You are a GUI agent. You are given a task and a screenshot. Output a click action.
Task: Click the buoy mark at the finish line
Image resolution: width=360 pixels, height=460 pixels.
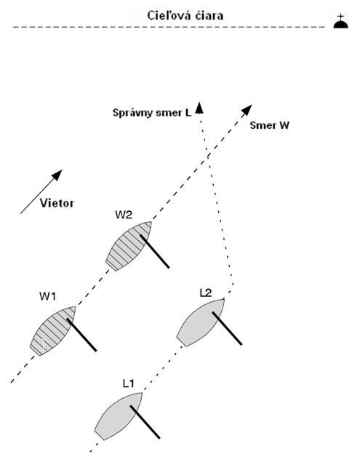(340, 22)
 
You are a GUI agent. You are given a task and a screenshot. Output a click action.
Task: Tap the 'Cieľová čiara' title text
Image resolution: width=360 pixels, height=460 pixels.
(185, 15)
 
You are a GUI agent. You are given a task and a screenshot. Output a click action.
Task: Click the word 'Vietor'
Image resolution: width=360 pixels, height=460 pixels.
(57, 203)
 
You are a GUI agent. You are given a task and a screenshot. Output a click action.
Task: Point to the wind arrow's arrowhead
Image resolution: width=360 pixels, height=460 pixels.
(57, 175)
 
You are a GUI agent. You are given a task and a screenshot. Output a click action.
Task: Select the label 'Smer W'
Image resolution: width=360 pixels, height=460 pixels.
(269, 125)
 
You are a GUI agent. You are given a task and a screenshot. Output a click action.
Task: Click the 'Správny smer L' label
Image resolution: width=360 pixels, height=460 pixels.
(152, 113)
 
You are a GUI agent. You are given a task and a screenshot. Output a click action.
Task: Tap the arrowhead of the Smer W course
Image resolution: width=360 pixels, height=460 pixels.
(247, 110)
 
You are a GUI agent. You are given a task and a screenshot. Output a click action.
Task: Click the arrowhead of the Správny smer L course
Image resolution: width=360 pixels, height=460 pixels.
(199, 108)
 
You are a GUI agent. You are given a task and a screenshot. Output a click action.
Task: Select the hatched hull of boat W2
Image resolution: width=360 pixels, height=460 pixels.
(129, 246)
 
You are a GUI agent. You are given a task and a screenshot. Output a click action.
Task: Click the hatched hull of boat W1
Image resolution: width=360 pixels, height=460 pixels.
(53, 331)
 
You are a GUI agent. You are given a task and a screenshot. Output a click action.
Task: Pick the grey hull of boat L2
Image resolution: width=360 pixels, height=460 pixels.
(201, 322)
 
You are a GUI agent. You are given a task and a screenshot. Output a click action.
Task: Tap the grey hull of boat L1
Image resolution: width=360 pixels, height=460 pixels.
(119, 416)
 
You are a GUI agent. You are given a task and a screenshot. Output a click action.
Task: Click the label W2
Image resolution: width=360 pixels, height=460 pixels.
(124, 215)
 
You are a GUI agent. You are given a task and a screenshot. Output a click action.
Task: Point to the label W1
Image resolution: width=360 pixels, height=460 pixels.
(47, 296)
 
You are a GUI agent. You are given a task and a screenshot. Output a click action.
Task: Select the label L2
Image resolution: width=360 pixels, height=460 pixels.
(206, 293)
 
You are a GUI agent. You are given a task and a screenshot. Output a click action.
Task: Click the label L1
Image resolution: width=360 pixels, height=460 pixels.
(128, 384)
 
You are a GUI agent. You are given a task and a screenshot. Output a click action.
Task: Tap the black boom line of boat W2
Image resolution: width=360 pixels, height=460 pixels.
(154, 251)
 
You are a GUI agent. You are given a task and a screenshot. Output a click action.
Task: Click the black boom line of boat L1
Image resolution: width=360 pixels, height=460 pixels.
(145, 422)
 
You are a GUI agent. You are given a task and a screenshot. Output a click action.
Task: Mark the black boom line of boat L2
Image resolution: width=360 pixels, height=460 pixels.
(227, 328)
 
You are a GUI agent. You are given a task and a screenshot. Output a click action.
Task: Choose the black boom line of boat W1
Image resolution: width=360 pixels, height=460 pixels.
(81, 335)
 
